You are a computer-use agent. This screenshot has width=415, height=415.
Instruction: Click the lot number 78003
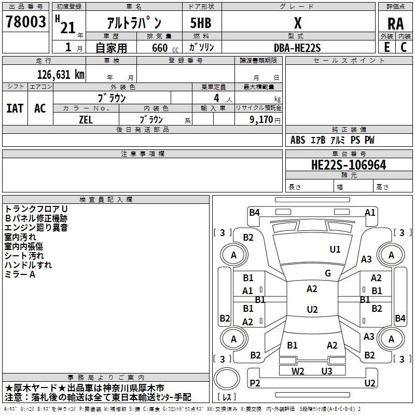25,21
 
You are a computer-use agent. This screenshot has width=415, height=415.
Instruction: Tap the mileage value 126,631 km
61,75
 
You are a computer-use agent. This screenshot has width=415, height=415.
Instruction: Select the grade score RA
395,24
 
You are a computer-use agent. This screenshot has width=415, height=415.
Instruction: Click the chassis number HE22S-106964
349,165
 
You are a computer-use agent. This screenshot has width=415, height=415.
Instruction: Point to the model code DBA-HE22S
297,48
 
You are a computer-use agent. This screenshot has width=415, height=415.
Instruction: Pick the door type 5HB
201,23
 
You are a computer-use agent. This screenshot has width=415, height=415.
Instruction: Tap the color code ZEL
86,120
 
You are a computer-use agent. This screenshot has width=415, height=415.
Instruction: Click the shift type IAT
15,108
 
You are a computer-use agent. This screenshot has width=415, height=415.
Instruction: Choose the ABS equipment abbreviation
298,140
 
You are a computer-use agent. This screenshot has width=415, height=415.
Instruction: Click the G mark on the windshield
328,273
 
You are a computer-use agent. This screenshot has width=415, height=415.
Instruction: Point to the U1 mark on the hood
335,250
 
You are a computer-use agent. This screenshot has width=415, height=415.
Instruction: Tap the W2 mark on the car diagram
298,371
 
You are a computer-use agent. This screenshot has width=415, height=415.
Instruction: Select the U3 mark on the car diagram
327,371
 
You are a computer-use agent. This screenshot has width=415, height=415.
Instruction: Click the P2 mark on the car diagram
255,383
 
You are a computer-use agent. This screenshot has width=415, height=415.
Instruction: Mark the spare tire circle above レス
227,379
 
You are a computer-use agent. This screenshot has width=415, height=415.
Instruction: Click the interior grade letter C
404,47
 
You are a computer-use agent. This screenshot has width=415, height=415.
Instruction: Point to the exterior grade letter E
386,47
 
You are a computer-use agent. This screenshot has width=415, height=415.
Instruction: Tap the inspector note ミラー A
20,274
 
